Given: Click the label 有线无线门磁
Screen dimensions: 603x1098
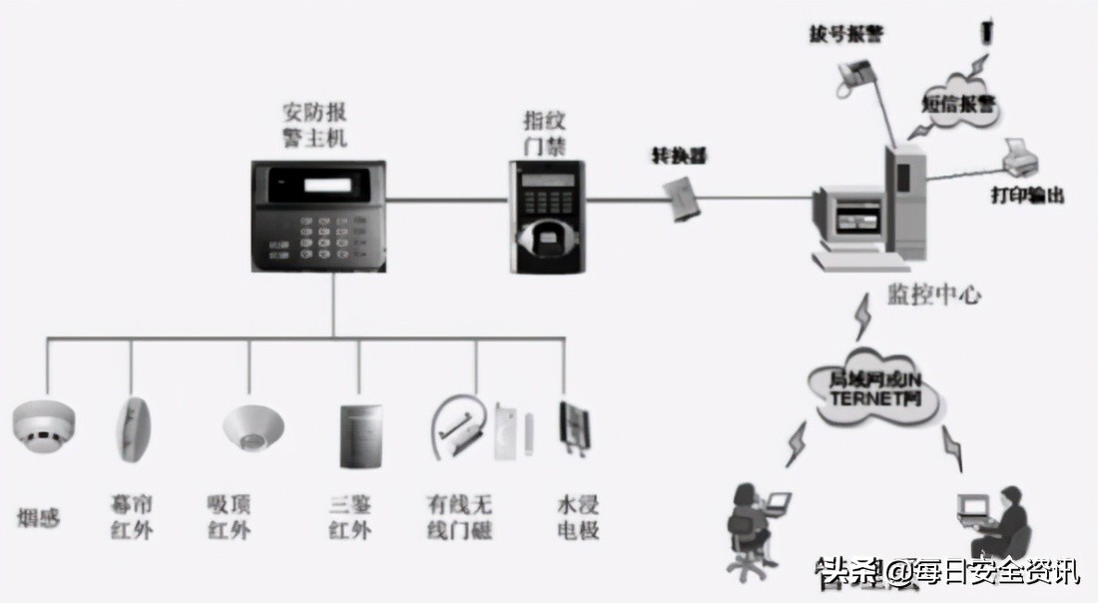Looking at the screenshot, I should [460, 518].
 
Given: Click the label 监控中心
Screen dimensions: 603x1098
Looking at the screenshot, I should [933, 295].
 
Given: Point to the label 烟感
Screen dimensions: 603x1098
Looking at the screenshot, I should [39, 518].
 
